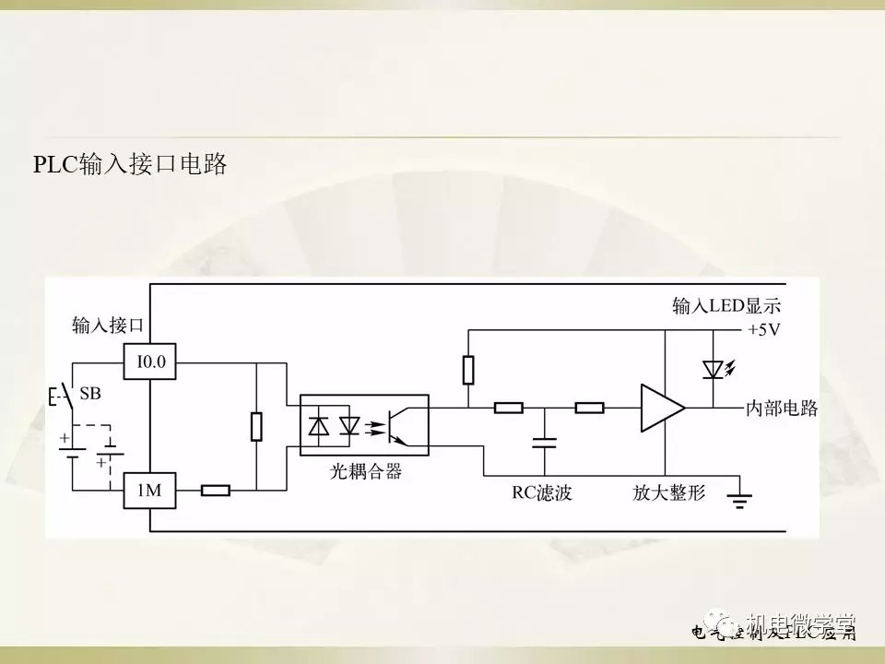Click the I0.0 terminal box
coord(150,362)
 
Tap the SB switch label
coord(90,394)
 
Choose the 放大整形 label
coord(668,493)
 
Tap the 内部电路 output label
coord(782,408)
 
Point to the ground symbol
coord(739,500)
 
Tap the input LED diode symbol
coord(713,369)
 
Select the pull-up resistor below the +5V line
coord(468,370)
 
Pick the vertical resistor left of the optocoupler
coord(257,427)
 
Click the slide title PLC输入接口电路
coord(130,165)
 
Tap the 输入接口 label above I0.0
coord(109,326)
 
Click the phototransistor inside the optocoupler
coord(397,426)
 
